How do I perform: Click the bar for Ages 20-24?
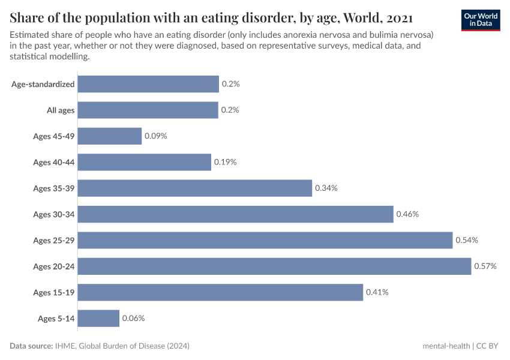274,266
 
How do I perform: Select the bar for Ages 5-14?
98,319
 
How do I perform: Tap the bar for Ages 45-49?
110,136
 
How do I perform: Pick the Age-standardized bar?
148,84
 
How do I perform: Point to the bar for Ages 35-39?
195,188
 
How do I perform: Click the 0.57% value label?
485,266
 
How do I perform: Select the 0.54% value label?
466,240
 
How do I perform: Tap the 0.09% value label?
155,136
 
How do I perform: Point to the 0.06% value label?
133,319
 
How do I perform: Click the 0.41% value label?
377,292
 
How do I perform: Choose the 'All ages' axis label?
61,110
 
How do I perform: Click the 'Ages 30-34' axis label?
54,214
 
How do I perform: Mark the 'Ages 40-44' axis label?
54,162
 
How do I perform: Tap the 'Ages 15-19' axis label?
54,292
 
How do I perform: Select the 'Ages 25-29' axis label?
54,240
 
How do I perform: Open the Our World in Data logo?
481,19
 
